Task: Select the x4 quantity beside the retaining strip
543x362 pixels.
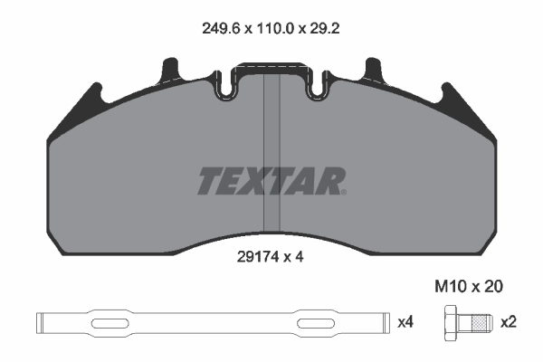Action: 407,321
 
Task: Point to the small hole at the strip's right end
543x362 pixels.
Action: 379,321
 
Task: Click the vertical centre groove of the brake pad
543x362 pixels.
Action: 271,154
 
